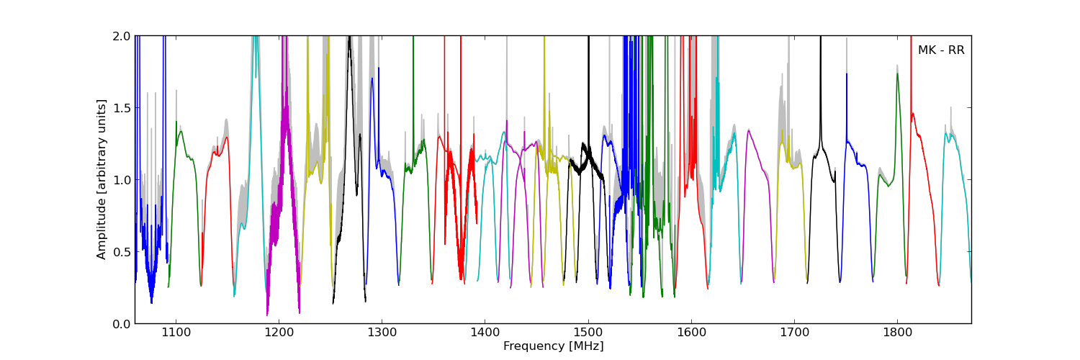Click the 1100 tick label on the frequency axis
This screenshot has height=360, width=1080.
pyautogui.click(x=176, y=333)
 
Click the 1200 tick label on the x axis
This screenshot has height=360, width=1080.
pyautogui.click(x=279, y=333)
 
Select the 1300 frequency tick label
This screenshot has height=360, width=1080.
pyautogui.click(x=382, y=333)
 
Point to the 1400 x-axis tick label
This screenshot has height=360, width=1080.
pyautogui.click(x=485, y=333)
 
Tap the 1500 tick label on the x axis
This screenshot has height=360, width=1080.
pyautogui.click(x=588, y=333)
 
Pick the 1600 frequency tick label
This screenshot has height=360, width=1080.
pyautogui.click(x=691, y=333)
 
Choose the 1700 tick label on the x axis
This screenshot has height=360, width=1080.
pyautogui.click(x=794, y=333)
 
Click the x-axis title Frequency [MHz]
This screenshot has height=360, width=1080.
pyautogui.click(x=553, y=346)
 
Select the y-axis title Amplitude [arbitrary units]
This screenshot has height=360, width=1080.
pyautogui.click(x=102, y=179)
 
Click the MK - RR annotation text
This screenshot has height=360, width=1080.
pyautogui.click(x=940, y=50)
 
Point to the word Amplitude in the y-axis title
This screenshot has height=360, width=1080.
pyautogui.click(x=102, y=228)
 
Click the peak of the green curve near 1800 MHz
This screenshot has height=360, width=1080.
pyautogui.click(x=897, y=73)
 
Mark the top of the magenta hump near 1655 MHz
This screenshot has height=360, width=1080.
pyautogui.click(x=749, y=130)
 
